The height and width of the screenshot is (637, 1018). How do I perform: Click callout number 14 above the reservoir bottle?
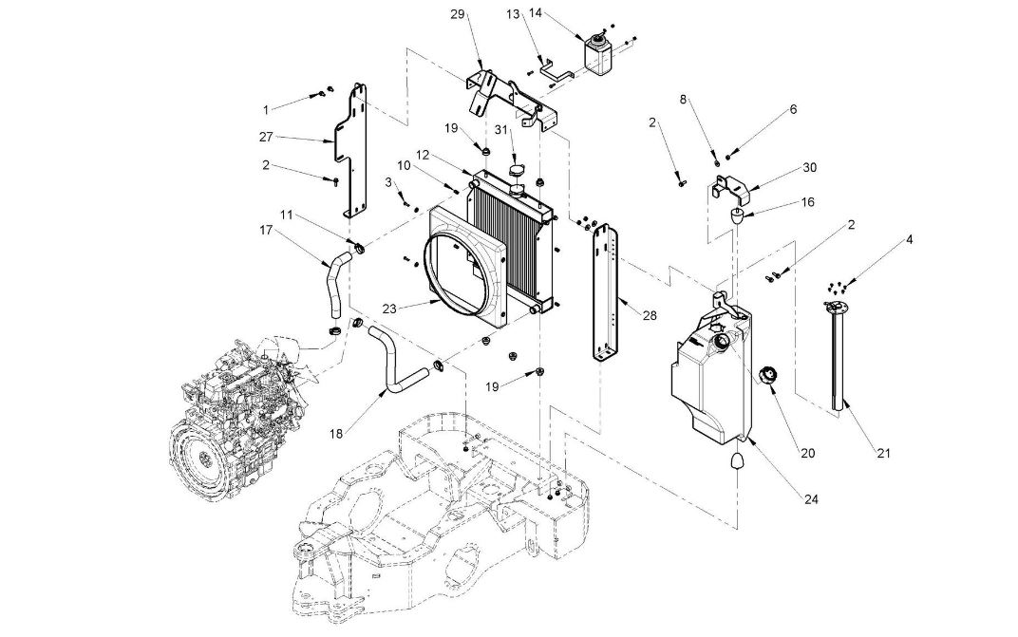click(562, 13)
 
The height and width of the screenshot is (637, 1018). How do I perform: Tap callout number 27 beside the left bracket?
click(266, 137)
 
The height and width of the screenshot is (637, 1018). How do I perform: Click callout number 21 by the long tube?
click(884, 453)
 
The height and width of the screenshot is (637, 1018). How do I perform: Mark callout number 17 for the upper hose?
click(266, 230)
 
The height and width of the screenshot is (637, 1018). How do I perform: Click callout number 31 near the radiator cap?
click(500, 131)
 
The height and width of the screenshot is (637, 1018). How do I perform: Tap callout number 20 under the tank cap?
click(807, 453)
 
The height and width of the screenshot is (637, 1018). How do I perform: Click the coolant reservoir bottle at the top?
click(598, 55)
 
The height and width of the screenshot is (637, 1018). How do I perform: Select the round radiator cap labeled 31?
click(518, 171)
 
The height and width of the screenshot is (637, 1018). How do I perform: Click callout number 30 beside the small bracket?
click(809, 167)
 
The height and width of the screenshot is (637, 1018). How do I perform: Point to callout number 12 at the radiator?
click(423, 154)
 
